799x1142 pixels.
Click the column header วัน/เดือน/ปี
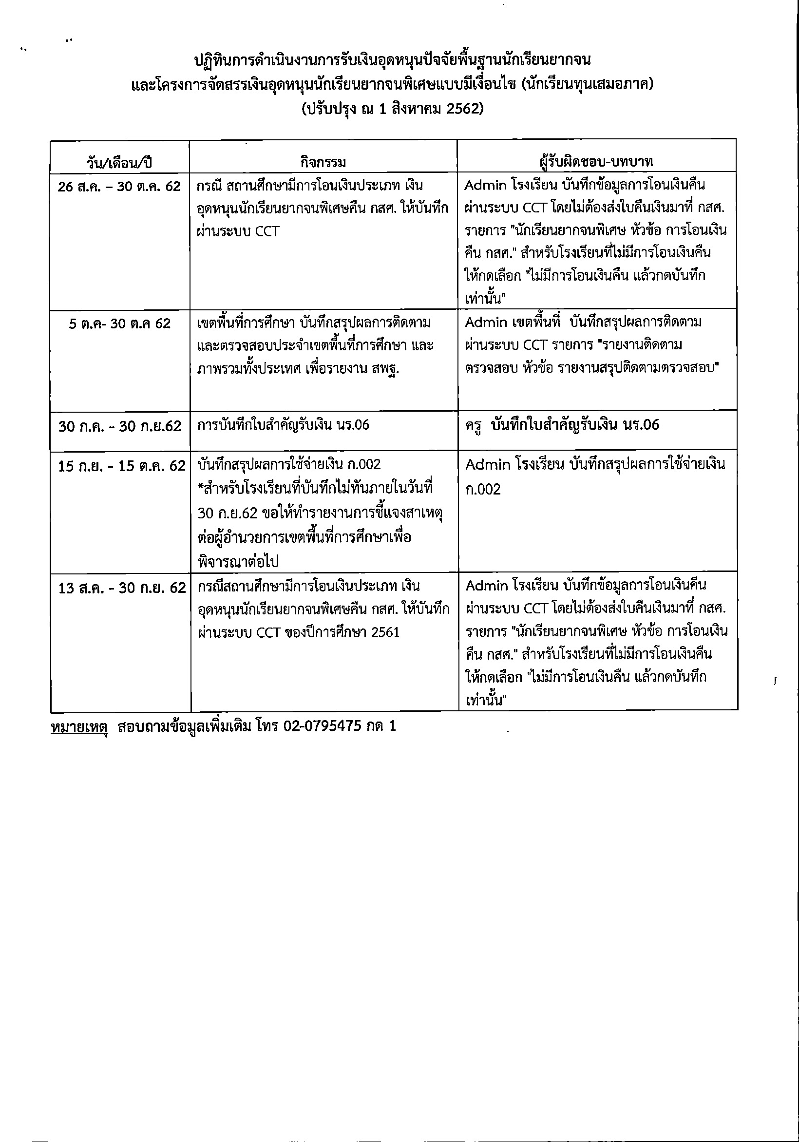[x=119, y=162]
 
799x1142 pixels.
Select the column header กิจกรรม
[x=323, y=162]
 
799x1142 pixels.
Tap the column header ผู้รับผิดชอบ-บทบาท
[x=596, y=162]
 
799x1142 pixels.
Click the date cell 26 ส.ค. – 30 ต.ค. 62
[x=119, y=187]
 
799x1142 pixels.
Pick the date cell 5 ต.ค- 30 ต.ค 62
[x=120, y=324]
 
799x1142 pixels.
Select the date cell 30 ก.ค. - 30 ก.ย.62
[x=120, y=426]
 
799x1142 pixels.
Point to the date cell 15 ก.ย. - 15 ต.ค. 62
[x=121, y=466]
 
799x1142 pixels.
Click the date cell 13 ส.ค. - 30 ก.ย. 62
[x=122, y=588]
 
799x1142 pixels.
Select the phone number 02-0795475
[x=323, y=726]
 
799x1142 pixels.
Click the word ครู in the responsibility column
[x=474, y=426]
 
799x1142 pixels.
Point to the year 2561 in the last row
[x=385, y=632]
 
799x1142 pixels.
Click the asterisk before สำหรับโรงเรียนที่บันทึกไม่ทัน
[x=200, y=487]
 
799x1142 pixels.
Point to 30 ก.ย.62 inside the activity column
[x=228, y=513]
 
